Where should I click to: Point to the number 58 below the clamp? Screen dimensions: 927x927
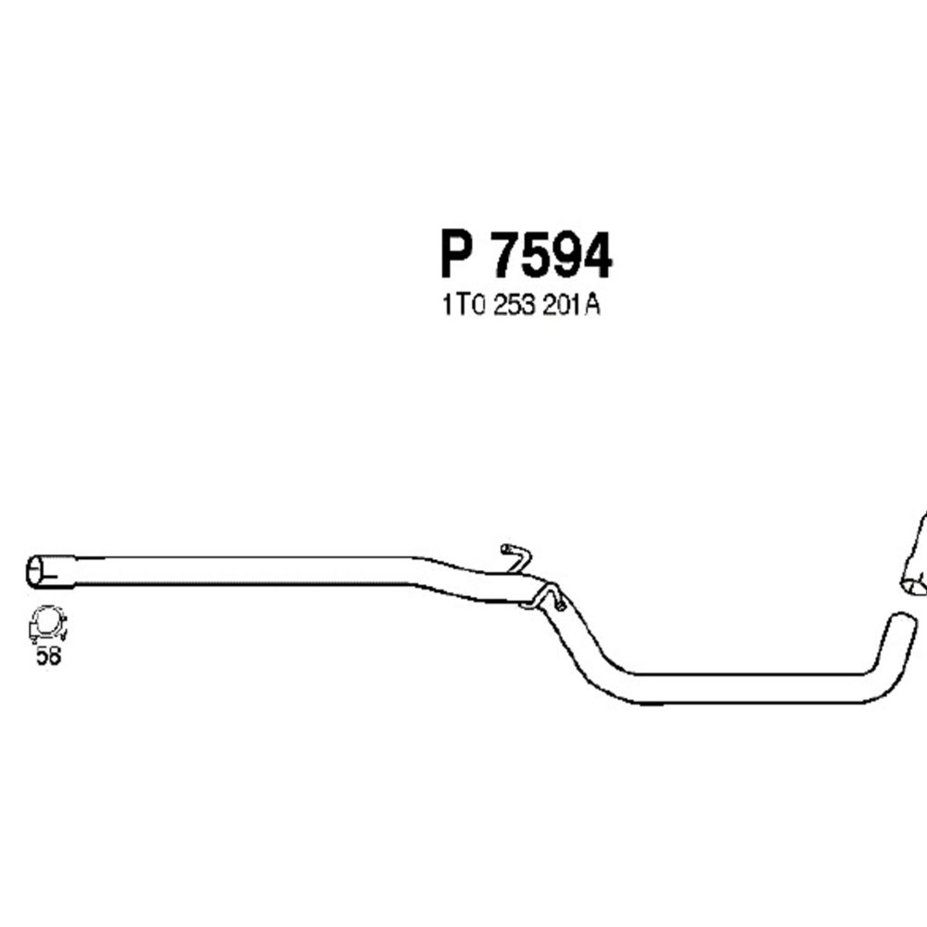[46, 655]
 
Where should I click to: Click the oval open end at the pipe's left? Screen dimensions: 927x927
[37, 570]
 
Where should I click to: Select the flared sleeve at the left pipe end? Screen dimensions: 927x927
[56, 570]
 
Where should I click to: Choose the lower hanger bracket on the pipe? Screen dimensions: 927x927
[550, 597]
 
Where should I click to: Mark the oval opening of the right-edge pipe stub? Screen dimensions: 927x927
[914, 584]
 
